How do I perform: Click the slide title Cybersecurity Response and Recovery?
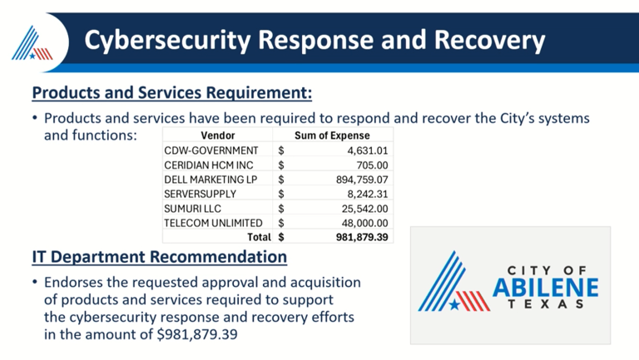pyautogui.click(x=316, y=39)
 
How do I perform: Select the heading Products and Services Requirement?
pyautogui.click(x=172, y=89)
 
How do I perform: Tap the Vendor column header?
pyautogui.click(x=218, y=136)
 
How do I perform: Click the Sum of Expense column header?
pyautogui.click(x=332, y=136)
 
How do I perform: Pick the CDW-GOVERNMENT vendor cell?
pyautogui.click(x=211, y=150)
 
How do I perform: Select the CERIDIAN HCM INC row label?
pyautogui.click(x=209, y=165)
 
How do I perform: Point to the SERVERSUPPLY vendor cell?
pyautogui.click(x=201, y=193)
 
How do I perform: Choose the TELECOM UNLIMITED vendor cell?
pyautogui.click(x=214, y=223)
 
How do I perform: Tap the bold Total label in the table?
pyautogui.click(x=260, y=237)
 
